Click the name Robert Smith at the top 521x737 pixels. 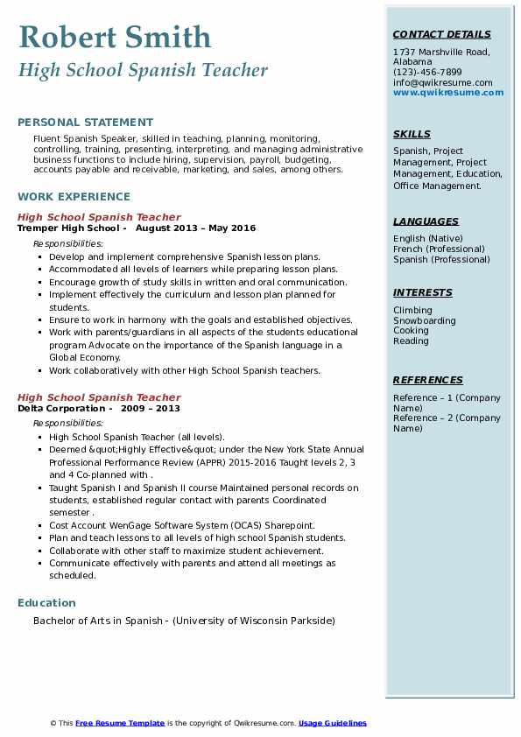pyautogui.click(x=114, y=38)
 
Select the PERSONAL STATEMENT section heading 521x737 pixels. pyautogui.click(x=85, y=123)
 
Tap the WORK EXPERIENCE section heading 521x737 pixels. pyautogui.click(x=74, y=197)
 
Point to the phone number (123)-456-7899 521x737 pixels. pyautogui.click(x=427, y=73)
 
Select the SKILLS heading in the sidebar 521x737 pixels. pyautogui.click(x=412, y=135)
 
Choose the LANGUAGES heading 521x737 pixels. pyautogui.click(x=426, y=222)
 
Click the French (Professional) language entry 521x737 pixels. pyautogui.click(x=440, y=249)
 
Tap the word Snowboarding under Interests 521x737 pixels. pyautogui.click(x=424, y=321)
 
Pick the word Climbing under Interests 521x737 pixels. pyautogui.click(x=412, y=311)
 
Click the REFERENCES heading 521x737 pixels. pyautogui.click(x=428, y=381)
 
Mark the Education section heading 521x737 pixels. pyautogui.click(x=46, y=603)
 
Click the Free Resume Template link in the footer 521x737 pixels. pyautogui.click(x=120, y=723)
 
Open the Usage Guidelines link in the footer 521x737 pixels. pyautogui.click(x=333, y=723)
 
